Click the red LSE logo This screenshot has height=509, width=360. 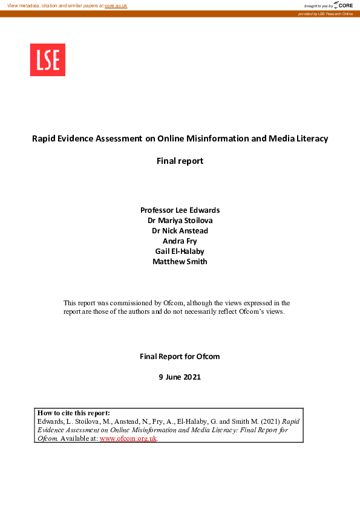(48, 60)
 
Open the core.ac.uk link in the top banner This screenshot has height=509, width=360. (116, 5)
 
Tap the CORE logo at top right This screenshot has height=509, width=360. (343, 5)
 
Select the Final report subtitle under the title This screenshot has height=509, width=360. (180, 161)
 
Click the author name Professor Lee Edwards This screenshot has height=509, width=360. (180, 210)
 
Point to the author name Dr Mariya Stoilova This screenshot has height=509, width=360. (180, 221)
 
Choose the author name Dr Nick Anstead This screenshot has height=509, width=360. (180, 231)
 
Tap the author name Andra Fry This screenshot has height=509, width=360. (180, 241)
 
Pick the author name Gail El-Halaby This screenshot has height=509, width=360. (180, 251)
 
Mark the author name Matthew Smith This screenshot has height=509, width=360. (180, 262)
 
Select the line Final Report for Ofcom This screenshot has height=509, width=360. (180, 357)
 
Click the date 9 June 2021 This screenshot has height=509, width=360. (180, 377)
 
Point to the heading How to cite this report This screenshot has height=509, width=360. (73, 413)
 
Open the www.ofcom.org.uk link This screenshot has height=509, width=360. (128, 438)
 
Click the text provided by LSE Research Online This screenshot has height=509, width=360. (325, 13)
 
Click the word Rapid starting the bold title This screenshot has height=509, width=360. (44, 138)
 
